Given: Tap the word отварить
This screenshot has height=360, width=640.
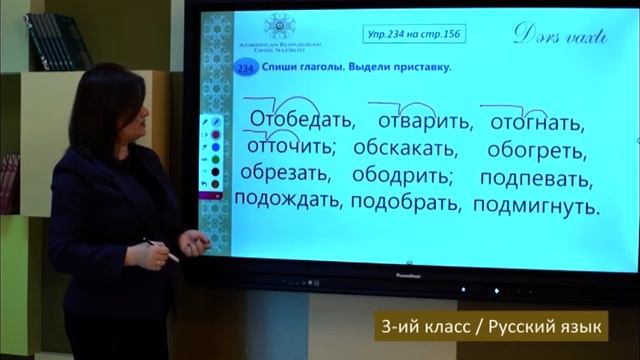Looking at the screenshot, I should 425,122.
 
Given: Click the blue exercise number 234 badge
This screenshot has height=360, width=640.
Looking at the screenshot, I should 245,67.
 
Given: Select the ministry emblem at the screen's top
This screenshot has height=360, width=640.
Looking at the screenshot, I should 277,27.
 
